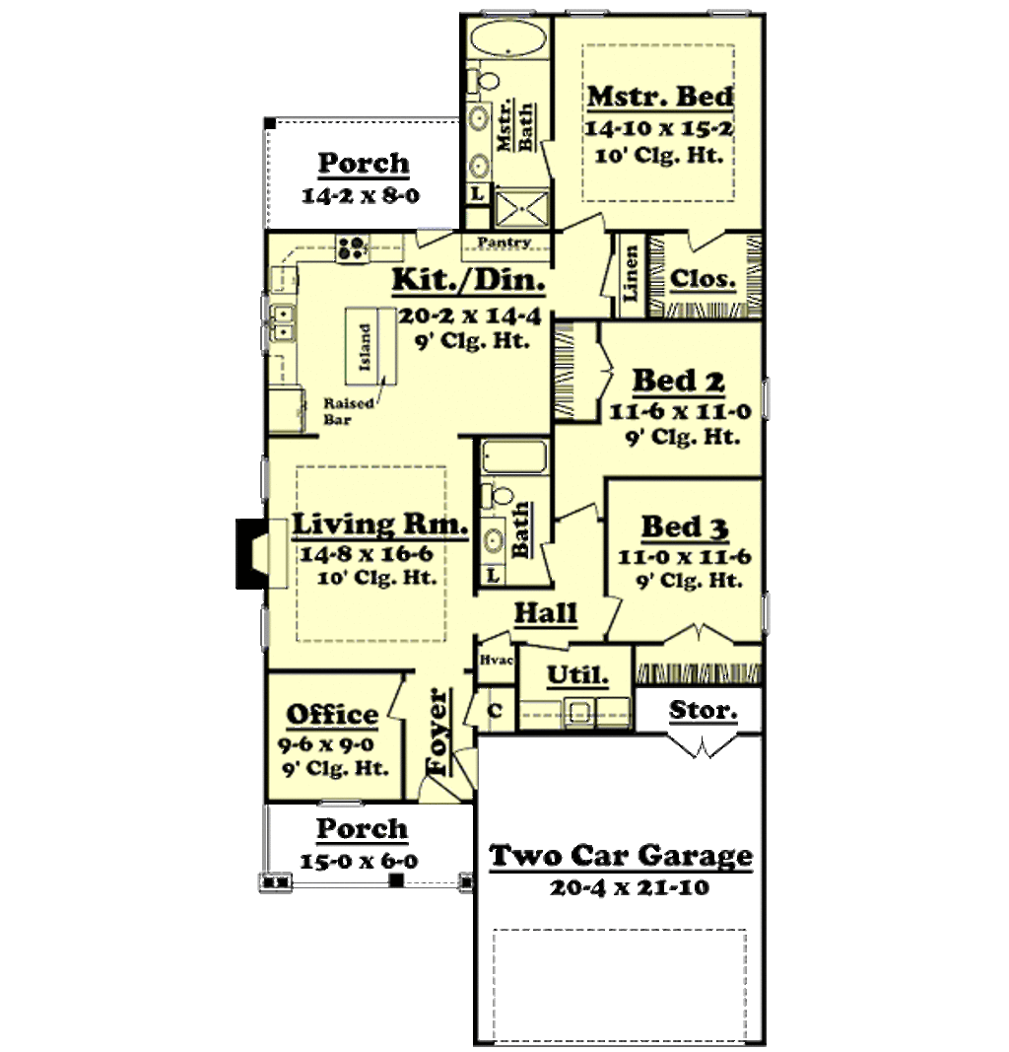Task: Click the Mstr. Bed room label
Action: tap(659, 97)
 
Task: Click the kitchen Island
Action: tap(367, 347)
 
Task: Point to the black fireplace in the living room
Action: tap(250, 553)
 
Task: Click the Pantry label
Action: tap(504, 243)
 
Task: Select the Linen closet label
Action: tap(631, 274)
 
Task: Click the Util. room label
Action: tap(574, 676)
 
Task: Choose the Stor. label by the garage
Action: tap(703, 709)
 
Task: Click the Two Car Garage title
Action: tap(622, 855)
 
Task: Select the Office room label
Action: tap(332, 715)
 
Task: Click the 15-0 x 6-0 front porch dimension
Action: tap(359, 861)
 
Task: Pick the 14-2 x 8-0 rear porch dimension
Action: tap(361, 195)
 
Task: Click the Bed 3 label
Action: tap(685, 526)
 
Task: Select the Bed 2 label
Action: tap(678, 380)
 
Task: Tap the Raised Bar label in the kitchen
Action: tap(343, 410)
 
